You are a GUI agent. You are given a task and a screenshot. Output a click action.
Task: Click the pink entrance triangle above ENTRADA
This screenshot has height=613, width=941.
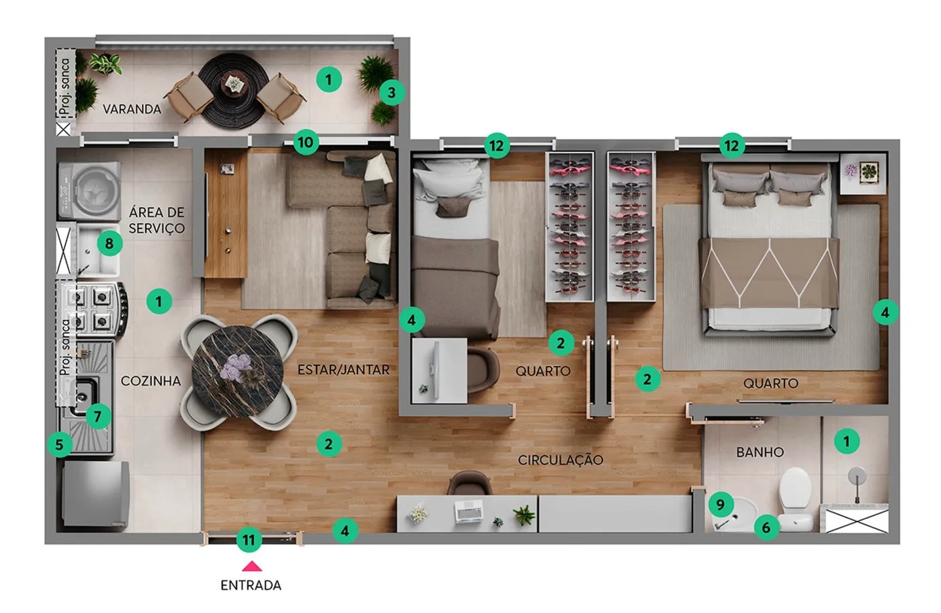pos(252,567)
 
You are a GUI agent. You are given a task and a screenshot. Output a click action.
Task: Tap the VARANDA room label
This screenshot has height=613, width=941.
pos(132,110)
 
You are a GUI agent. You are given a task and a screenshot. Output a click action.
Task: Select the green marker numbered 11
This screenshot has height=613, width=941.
pos(249,540)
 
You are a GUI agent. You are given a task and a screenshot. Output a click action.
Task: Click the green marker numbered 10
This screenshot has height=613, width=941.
pos(305,142)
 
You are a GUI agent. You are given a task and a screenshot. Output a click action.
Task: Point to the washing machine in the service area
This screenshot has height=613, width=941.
pos(89,191)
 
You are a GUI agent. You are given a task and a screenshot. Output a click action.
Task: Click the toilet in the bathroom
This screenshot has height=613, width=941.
pos(795,499)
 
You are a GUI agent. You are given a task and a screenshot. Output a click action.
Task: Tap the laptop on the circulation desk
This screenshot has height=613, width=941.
pos(468,511)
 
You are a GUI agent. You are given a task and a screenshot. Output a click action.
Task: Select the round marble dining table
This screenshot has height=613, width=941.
pos(238,372)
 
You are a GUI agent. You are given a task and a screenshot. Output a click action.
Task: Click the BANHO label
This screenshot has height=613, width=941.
pos(760,452)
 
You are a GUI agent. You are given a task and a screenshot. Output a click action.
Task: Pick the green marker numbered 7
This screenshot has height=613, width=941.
pos(98,416)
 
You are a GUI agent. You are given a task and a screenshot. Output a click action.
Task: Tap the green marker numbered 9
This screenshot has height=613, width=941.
pos(721,504)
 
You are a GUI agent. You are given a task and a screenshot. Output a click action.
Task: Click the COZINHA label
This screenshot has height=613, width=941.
pos(151,380)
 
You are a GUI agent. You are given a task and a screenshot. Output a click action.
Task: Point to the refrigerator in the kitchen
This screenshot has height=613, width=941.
pos(95,493)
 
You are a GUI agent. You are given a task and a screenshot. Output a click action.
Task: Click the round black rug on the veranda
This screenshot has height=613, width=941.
pos(234,90)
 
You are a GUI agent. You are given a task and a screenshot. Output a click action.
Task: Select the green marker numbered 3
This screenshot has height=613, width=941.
pos(392,93)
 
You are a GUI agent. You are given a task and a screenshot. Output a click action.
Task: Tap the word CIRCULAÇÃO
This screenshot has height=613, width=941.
pos(561,460)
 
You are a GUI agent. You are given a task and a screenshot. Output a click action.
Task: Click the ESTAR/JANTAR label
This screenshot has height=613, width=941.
pos(343,370)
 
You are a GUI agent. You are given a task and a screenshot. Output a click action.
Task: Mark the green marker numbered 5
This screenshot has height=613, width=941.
pos(60,444)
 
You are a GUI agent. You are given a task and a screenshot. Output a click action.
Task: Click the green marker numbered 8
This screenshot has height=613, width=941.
pos(109,243)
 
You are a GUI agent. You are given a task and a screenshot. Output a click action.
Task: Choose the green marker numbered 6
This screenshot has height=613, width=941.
pos(766,527)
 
